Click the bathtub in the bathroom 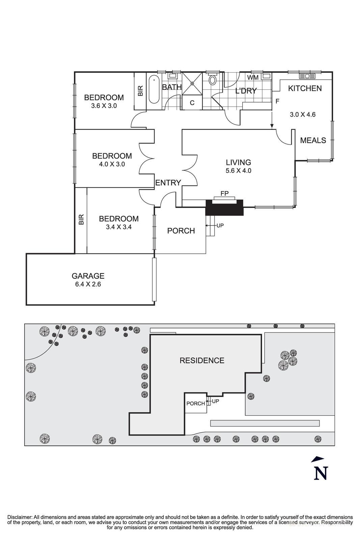(154, 90)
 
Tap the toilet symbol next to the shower (213, 80)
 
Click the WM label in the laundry (253, 78)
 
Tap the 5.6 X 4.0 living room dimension (238, 171)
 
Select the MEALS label (313, 140)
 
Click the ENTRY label (168, 183)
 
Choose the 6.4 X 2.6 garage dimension (88, 284)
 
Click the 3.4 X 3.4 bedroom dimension (118, 227)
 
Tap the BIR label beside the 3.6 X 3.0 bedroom (141, 90)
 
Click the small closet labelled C (192, 103)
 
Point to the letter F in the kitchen (277, 101)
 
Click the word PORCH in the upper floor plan (181, 231)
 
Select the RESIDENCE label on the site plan (202, 360)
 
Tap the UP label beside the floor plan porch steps (220, 225)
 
